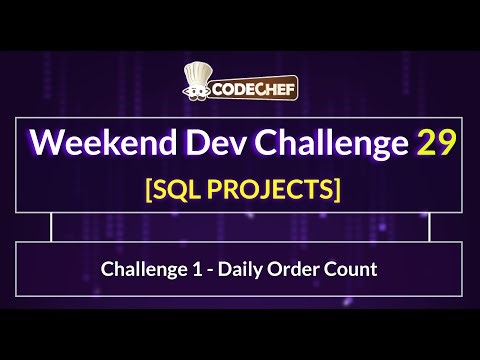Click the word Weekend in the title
coord(94,142)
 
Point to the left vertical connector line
coord(51,227)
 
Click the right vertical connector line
coord(429,227)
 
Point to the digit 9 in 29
coord(449,142)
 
